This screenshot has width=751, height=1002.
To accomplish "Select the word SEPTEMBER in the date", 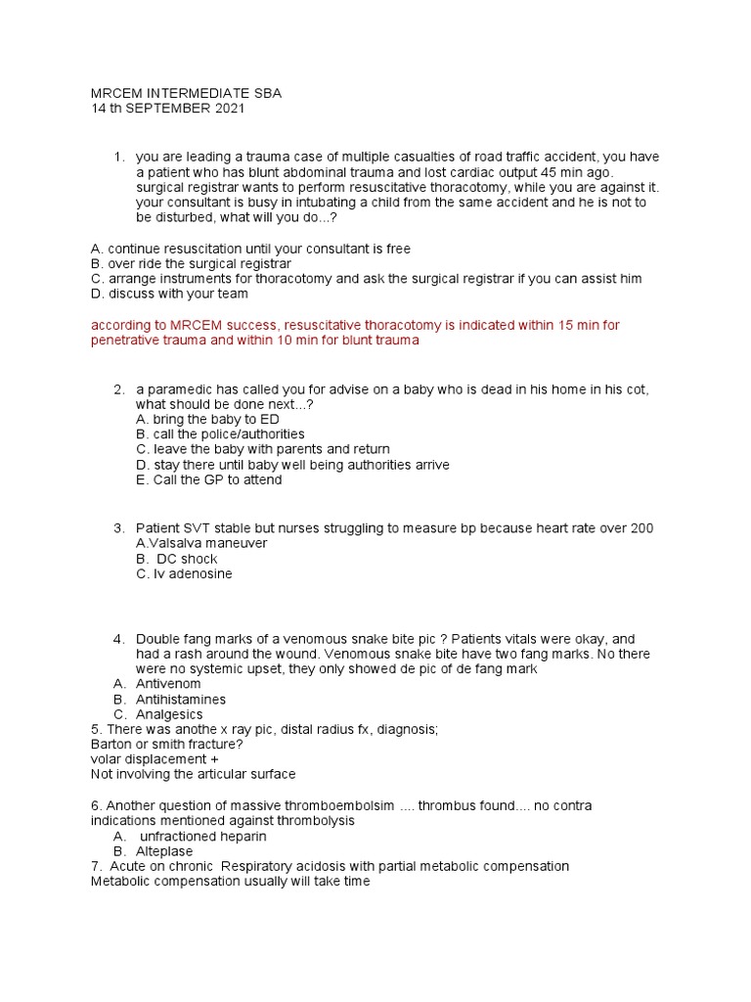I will click(167, 109).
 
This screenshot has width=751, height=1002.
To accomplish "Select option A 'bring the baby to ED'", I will click(207, 419).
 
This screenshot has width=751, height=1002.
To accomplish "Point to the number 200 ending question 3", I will click(641, 528).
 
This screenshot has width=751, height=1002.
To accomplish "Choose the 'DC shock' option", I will click(186, 559).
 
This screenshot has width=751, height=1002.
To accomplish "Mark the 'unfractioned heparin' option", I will click(202, 837).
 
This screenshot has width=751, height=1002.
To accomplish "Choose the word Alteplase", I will click(164, 851).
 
